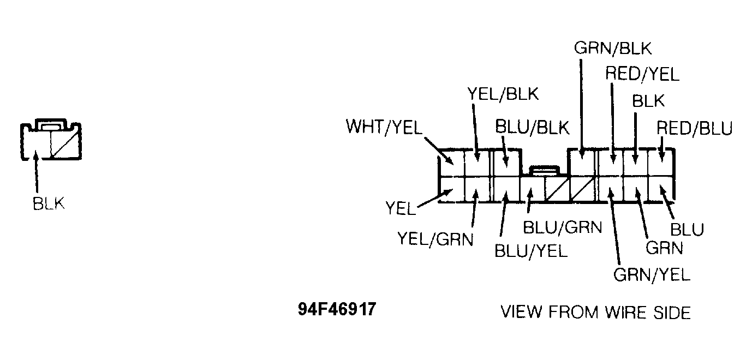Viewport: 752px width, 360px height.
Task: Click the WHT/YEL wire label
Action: point(384,127)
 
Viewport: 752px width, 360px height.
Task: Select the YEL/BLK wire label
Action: point(503,94)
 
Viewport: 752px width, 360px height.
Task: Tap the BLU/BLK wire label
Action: point(532,128)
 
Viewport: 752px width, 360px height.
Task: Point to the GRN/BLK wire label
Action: point(613,49)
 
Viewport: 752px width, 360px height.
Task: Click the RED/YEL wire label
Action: point(642,74)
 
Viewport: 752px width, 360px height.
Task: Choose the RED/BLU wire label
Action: point(694,128)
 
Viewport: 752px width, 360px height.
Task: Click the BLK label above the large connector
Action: point(648,101)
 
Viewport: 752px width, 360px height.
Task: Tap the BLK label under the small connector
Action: point(49,203)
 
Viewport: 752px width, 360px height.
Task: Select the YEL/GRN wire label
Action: point(435,239)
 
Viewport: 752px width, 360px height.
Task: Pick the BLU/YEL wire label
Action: point(531,251)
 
